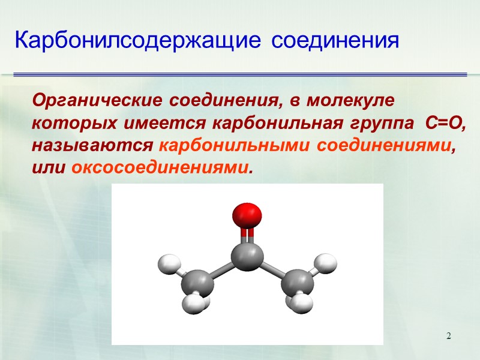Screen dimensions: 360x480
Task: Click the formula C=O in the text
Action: pos(445,123)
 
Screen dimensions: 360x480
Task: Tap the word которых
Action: pos(65,123)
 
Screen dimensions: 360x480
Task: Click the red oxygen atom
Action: pos(247,215)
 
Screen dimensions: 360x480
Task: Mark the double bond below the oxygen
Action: pos(247,235)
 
